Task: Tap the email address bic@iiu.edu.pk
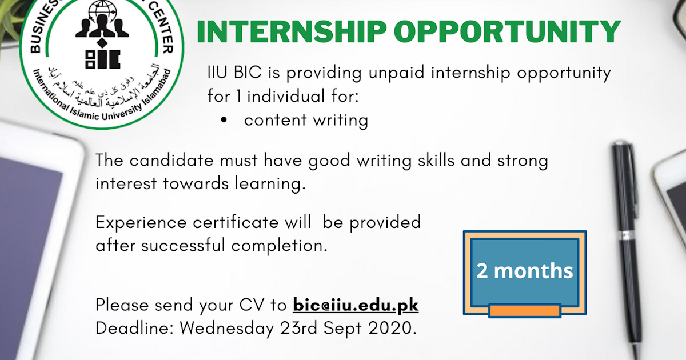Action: pyautogui.click(x=356, y=305)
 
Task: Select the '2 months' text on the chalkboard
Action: pyautogui.click(x=524, y=270)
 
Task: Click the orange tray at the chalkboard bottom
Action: pyautogui.click(x=524, y=311)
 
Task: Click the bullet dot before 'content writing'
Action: pyautogui.click(x=224, y=121)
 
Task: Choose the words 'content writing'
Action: pyautogui.click(x=306, y=121)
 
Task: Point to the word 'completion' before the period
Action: pyautogui.click(x=278, y=246)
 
